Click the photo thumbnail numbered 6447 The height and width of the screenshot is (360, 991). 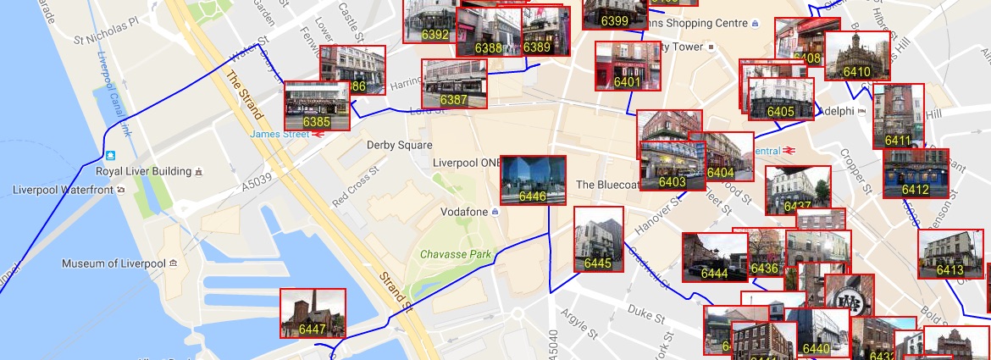coord(313,313)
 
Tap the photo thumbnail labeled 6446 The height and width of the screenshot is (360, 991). coord(533,180)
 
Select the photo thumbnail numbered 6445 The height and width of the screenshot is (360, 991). coord(598,240)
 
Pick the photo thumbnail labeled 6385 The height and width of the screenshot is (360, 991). coord(317,106)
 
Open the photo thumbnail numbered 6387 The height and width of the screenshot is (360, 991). coord(454,84)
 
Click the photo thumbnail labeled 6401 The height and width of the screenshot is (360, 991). coord(627,66)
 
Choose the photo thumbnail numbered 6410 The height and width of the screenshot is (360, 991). coord(856,57)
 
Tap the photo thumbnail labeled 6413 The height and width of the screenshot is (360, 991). coord(950,254)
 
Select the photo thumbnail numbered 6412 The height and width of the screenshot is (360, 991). coord(916,174)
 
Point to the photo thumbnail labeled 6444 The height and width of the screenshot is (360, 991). coord(715,258)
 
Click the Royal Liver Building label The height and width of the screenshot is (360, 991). coord(143,171)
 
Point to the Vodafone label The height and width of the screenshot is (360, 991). coord(465,211)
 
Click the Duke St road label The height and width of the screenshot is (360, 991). coord(646,313)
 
